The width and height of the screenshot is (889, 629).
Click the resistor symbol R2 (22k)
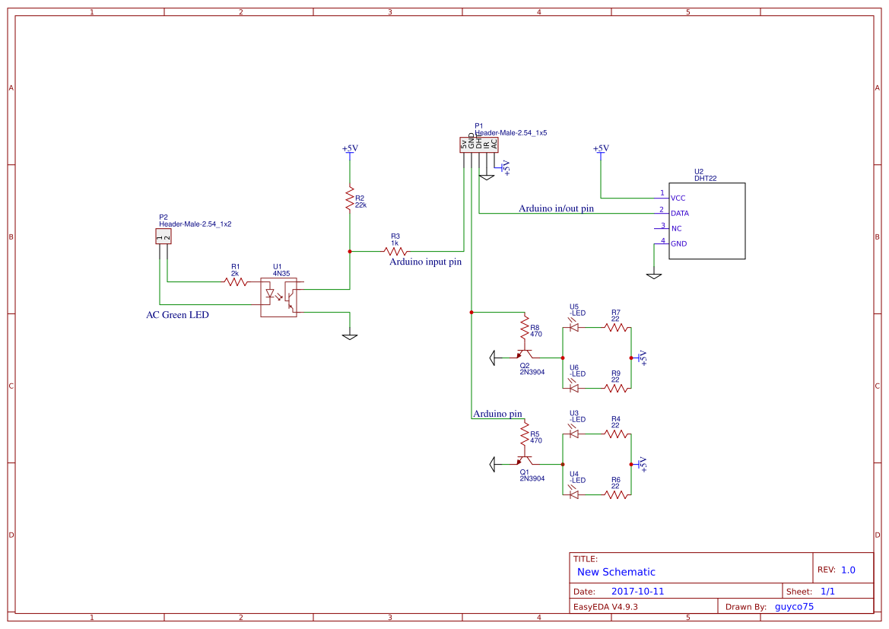click(x=350, y=199)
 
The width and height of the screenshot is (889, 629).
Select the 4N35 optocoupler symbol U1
click(x=278, y=297)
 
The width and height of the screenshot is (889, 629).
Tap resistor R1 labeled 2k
click(x=236, y=281)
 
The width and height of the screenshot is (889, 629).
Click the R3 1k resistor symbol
click(x=395, y=251)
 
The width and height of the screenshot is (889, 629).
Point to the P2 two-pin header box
click(x=163, y=237)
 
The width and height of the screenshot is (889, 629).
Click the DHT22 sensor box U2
click(x=706, y=221)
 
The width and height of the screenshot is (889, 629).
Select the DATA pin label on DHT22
click(x=679, y=214)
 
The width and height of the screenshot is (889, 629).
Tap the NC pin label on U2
click(x=676, y=229)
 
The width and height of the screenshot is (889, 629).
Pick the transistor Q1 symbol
click(x=524, y=460)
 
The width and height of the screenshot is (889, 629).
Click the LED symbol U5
click(x=574, y=328)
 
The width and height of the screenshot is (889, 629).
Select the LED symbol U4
click(x=574, y=494)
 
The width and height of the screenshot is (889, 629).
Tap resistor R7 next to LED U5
click(x=617, y=328)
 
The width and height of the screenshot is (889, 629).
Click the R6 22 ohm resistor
click(x=617, y=494)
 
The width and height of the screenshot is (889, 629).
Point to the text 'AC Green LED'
click(x=177, y=315)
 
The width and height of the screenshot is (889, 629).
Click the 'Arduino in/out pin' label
click(x=556, y=208)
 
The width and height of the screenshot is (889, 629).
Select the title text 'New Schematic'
click(x=616, y=572)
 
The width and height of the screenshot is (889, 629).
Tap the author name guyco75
click(x=794, y=607)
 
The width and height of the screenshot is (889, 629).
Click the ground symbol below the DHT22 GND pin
click(x=653, y=275)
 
